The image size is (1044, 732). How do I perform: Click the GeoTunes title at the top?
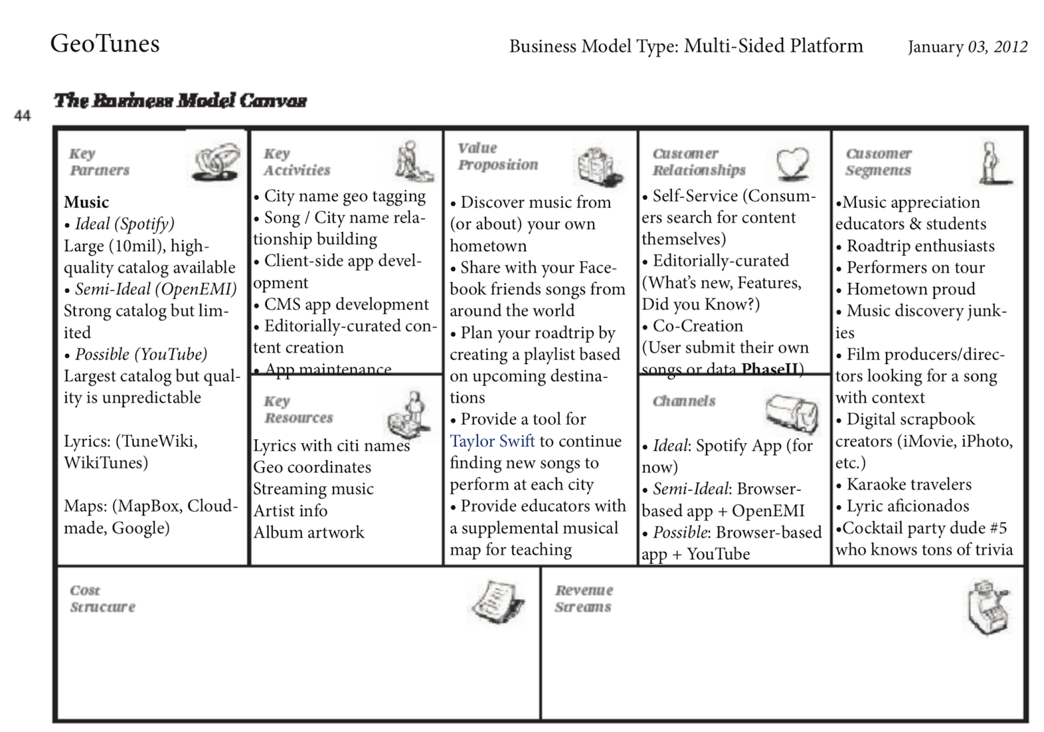tap(105, 44)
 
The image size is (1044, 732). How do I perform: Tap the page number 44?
tap(22, 116)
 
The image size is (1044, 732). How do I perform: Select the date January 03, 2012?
tap(967, 47)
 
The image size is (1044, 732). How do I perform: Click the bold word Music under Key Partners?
tap(86, 202)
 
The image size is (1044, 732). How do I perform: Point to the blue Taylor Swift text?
tap(492, 442)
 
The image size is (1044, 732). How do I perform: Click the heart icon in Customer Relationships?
tap(792, 162)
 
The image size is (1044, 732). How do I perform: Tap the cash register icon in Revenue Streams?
tap(988, 607)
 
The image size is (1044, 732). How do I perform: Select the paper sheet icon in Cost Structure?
tap(498, 601)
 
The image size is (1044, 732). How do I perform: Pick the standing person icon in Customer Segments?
tap(991, 163)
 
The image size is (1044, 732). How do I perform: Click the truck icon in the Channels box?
tap(791, 412)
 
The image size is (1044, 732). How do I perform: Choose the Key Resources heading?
tap(298, 410)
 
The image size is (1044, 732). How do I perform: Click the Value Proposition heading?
tap(497, 157)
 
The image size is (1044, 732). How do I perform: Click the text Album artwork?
tap(309, 532)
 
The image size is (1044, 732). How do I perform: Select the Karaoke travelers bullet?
tap(908, 485)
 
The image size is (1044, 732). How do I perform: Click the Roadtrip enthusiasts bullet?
tap(920, 247)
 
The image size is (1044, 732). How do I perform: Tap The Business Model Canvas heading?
tap(180, 101)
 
